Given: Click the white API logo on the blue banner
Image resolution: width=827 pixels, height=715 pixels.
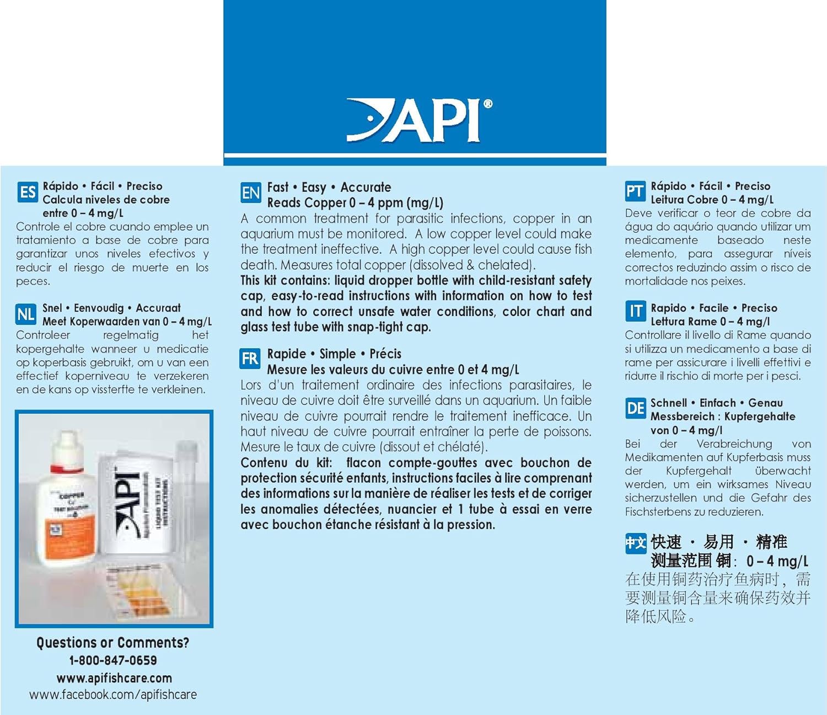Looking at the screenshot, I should point(419,120).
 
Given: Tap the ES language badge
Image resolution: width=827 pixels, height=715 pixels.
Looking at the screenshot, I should point(27,193).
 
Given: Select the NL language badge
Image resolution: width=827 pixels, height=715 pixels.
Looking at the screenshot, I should point(26,314).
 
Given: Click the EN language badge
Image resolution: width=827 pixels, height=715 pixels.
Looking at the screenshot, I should point(251,193).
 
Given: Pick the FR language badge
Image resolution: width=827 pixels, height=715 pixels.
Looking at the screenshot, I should point(250,359).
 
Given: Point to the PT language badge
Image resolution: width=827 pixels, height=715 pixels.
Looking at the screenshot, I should point(635,192).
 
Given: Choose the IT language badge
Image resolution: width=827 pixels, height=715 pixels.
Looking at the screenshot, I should point(635,312).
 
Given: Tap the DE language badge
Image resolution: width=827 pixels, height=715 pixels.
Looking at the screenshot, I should point(636,408).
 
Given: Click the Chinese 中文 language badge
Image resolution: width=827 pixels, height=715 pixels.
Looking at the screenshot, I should point(635,543).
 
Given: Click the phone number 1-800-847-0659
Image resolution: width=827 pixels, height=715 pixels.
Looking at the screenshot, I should point(113,660).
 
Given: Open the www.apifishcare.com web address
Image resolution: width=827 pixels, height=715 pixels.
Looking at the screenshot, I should point(114,678).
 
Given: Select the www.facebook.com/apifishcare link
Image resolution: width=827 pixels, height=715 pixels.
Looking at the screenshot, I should point(113,695).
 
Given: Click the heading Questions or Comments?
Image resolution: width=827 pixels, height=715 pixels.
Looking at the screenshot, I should point(112,643).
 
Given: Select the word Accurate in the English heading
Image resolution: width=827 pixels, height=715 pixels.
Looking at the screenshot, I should point(366,188).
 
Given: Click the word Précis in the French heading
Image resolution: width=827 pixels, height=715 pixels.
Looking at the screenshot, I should point(385,354).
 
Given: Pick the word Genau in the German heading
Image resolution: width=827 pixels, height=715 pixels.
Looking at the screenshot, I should point(765,403).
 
